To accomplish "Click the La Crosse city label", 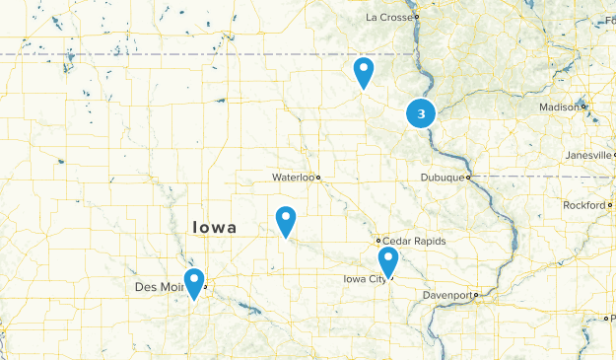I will click(x=389, y=17).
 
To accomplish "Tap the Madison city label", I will click(x=559, y=107).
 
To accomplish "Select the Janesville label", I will click(x=587, y=155).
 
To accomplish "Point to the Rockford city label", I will click(x=584, y=204).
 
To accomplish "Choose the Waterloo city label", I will click(x=293, y=178).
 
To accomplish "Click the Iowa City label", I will click(x=366, y=279).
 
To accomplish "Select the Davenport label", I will click(x=448, y=295).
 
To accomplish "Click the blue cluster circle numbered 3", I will click(x=422, y=113).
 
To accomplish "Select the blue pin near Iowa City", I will click(x=387, y=262).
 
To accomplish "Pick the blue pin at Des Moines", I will click(x=194, y=283).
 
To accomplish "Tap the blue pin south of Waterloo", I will click(x=286, y=221).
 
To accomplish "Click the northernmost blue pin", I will click(x=364, y=72).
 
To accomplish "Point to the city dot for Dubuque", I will click(x=469, y=178).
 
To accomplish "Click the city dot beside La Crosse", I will click(x=417, y=17).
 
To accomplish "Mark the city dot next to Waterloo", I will click(x=318, y=178).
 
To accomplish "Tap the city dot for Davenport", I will click(x=475, y=295).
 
